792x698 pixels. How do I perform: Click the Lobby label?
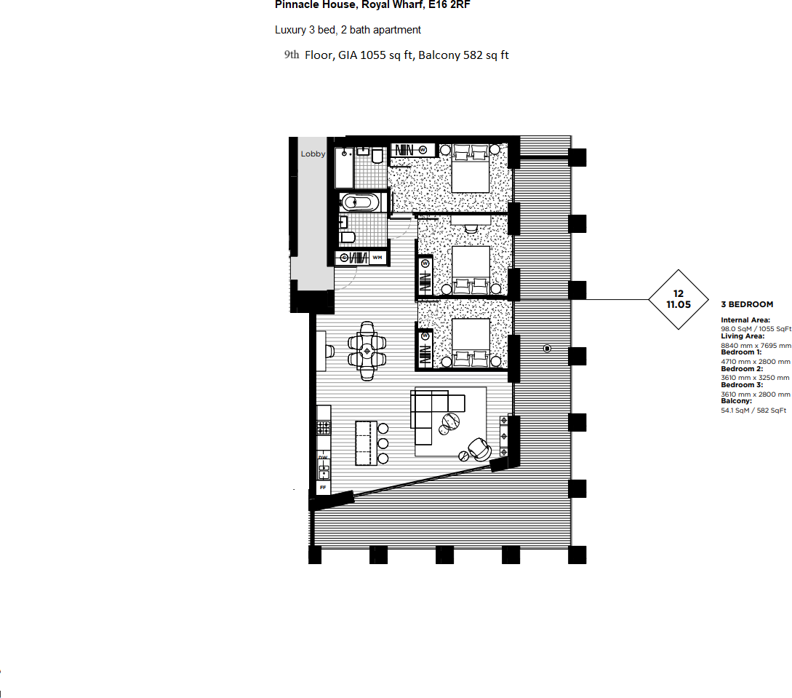313,154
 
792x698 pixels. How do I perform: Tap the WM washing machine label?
377,258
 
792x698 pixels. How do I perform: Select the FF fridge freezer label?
323,486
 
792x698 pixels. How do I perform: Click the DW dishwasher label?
323,458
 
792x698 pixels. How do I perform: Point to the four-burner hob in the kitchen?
324,426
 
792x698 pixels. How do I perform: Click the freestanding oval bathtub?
359,203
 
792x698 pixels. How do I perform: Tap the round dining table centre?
367,351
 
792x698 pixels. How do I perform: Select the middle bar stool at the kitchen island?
383,443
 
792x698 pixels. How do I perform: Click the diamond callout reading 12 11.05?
678,299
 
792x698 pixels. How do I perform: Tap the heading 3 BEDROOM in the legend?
747,304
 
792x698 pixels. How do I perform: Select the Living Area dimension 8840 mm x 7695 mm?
756,346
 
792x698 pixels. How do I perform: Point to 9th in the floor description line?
292,55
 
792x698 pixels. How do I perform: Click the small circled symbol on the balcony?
547,349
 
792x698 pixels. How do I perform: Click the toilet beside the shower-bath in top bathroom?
377,157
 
